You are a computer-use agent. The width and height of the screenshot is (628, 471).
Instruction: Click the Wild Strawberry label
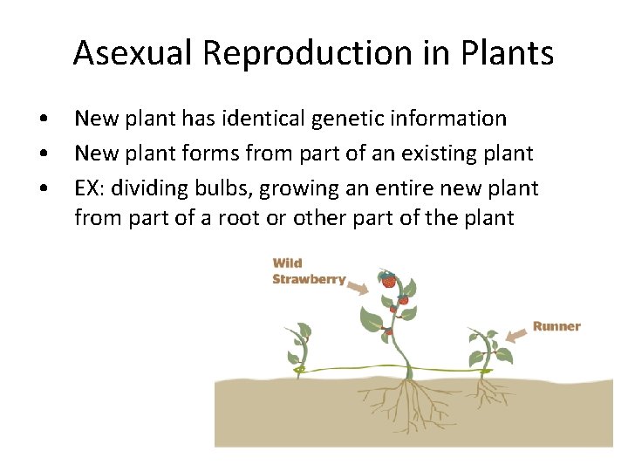pyautogui.click(x=308, y=271)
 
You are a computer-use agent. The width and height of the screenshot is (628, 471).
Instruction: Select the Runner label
pyautogui.click(x=556, y=326)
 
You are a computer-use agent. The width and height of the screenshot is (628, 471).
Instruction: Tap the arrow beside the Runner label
pyautogui.click(x=516, y=331)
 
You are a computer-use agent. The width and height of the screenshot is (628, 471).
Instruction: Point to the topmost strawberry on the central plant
pyautogui.click(x=388, y=281)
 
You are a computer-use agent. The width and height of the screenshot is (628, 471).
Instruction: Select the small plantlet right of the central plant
pyautogui.click(x=486, y=349)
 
